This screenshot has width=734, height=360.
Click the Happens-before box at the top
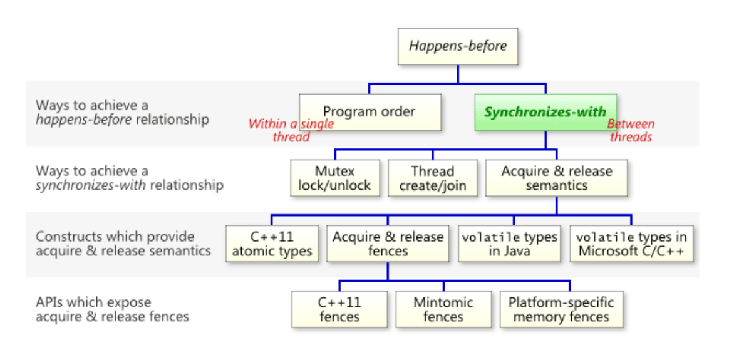click(458, 46)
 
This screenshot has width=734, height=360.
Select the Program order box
click(370, 112)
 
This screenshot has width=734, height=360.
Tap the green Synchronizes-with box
click(545, 112)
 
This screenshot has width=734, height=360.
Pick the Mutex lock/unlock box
click(335, 178)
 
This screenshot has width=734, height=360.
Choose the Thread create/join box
click(433, 178)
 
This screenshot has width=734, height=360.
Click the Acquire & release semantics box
click(557, 178)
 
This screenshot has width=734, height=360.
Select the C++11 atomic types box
click(272, 244)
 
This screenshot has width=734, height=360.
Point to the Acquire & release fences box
click(388, 244)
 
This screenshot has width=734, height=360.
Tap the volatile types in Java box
click(509, 244)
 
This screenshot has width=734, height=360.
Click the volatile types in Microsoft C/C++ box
click(631, 244)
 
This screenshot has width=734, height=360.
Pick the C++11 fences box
click(339, 309)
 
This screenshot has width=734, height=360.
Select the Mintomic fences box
click(443, 309)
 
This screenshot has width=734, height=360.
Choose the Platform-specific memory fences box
click(561, 309)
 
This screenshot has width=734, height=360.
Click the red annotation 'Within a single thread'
click(291, 131)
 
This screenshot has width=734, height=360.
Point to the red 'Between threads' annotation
click(631, 131)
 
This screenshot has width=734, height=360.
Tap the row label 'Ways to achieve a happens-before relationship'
click(122, 112)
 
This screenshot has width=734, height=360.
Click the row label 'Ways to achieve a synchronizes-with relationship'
click(129, 178)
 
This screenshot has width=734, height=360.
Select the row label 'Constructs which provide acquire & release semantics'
click(123, 244)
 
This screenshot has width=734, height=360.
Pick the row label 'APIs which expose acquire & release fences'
click(112, 309)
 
